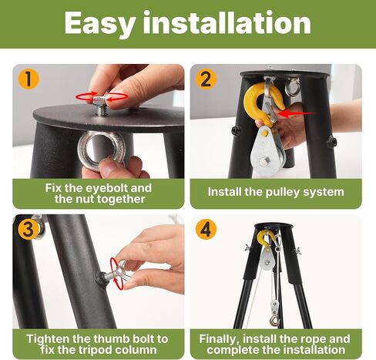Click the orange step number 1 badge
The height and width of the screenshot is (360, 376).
(x=29, y=79)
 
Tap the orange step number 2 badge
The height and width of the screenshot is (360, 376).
(x=206, y=79)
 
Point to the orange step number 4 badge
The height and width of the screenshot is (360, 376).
(x=206, y=230)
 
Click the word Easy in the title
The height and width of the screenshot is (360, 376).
(x=100, y=24)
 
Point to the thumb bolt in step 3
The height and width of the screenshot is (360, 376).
(x=119, y=272)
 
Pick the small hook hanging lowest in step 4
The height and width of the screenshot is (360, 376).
(x=274, y=321)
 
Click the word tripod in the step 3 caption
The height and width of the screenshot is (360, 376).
(x=98, y=350)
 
